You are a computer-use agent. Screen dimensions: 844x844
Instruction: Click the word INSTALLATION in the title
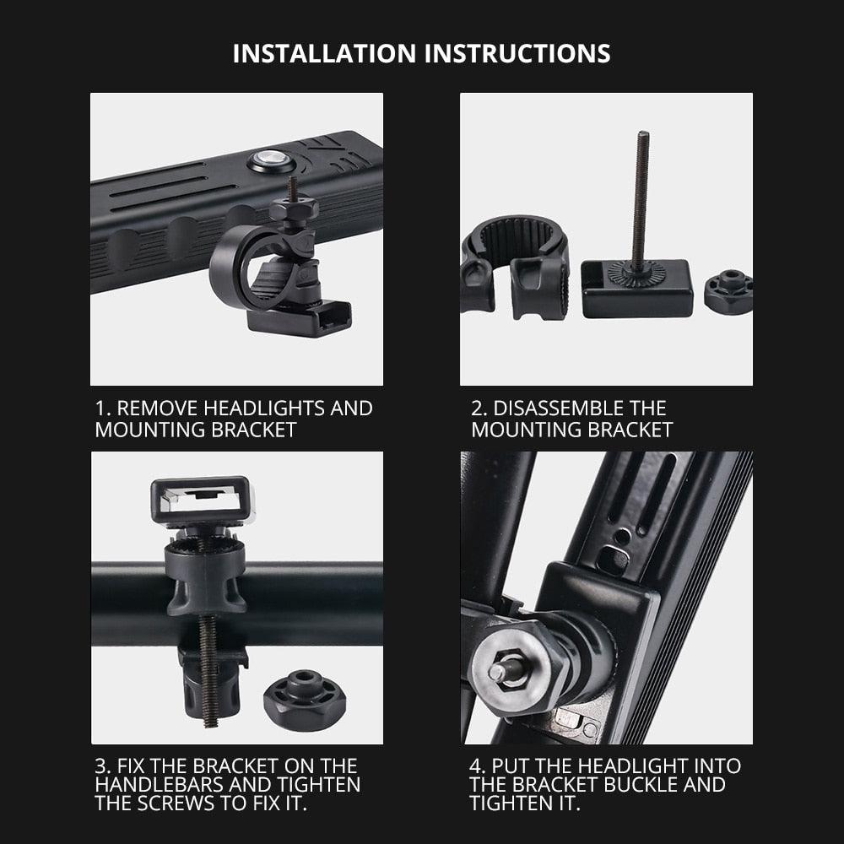click(x=326, y=53)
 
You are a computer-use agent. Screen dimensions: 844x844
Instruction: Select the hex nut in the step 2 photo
click(x=728, y=292)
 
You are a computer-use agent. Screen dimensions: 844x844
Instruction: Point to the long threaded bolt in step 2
click(x=641, y=198)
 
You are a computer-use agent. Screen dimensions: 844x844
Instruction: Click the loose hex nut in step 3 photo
click(x=305, y=695)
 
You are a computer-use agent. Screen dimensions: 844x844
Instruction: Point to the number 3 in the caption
click(x=100, y=766)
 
